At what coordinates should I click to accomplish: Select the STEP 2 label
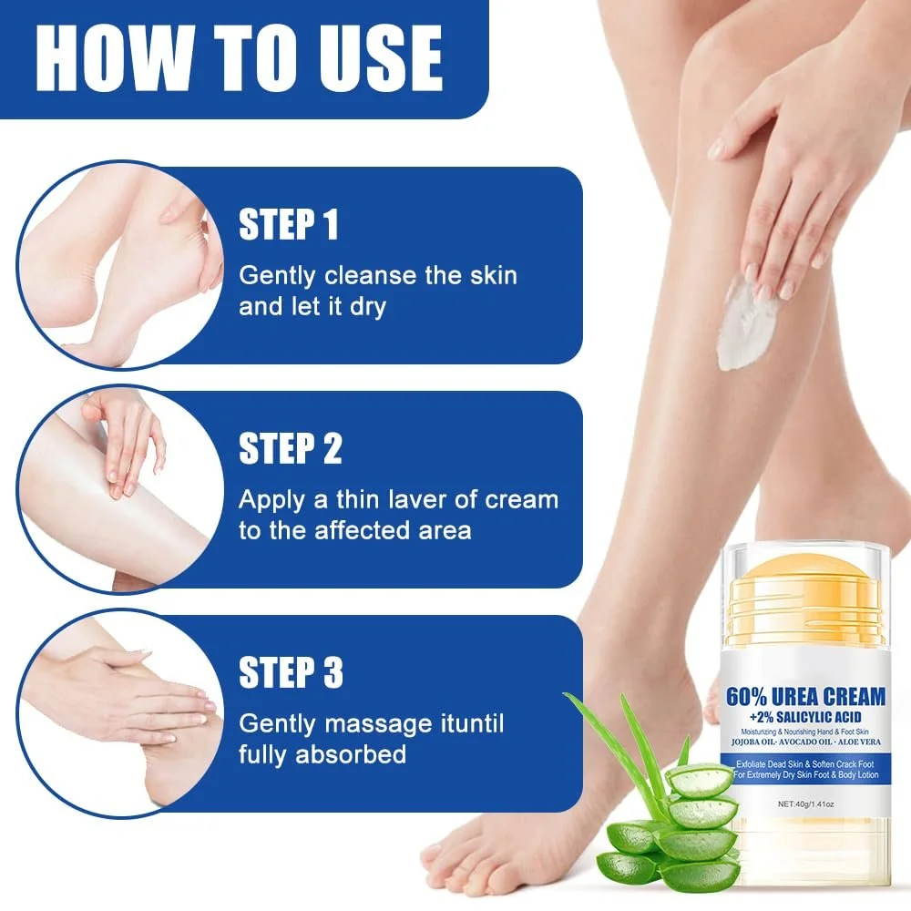290,449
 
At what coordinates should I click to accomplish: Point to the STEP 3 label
291,673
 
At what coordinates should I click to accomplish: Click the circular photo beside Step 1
118,264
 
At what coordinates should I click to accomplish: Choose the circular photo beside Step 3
118,712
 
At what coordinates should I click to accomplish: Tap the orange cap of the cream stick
804,592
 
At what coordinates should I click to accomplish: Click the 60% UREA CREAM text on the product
805,697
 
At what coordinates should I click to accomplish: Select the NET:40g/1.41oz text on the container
805,804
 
